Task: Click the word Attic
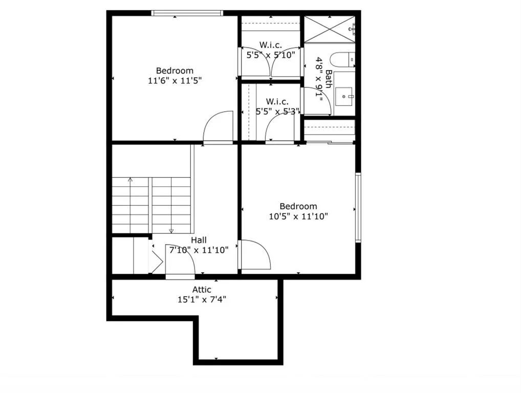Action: [202, 290]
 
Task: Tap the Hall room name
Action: [199, 239]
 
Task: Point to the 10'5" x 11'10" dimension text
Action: [298, 216]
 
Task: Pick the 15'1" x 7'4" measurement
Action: [202, 300]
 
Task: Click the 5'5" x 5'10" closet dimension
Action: [271, 55]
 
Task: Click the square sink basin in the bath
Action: [344, 96]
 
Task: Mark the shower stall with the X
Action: [329, 29]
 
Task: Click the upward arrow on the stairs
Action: [130, 181]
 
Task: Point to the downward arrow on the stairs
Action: [171, 230]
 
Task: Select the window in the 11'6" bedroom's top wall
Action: [187, 13]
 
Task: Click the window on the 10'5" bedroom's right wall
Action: [358, 207]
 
